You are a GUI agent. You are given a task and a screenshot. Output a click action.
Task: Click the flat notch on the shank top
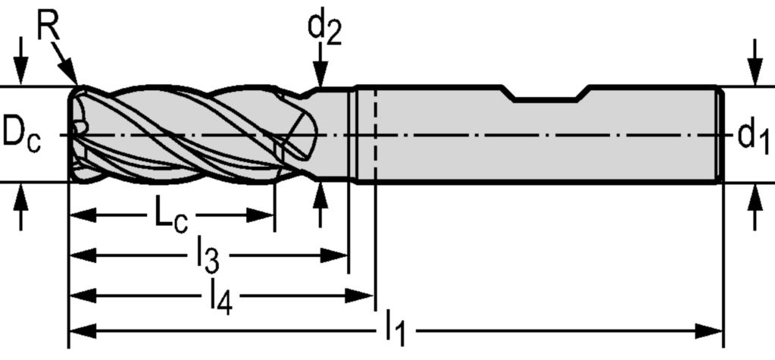coord(546,98)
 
